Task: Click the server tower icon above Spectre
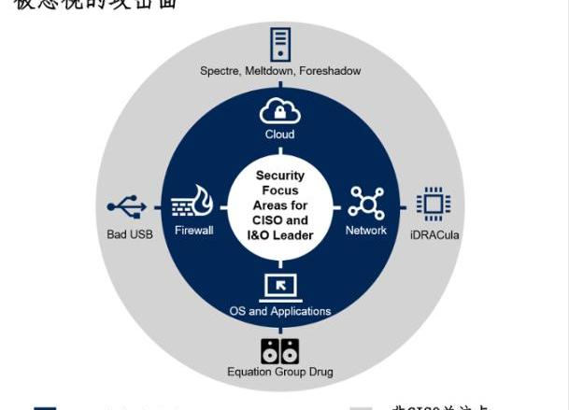click(279, 44)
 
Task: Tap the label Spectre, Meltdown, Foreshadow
click(280, 71)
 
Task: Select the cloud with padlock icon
click(279, 111)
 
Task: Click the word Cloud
click(279, 134)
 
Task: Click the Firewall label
click(193, 230)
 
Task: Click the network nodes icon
click(366, 204)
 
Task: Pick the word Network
click(365, 230)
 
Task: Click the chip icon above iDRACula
click(434, 204)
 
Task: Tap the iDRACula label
click(434, 234)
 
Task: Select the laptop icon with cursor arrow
click(280, 286)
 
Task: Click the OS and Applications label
click(280, 311)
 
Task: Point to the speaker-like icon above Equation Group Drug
click(280, 350)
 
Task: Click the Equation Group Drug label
click(280, 372)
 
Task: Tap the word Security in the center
click(279, 176)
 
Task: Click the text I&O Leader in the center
click(279, 235)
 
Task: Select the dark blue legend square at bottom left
click(45, 407)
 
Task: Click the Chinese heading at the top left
click(93, 4)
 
